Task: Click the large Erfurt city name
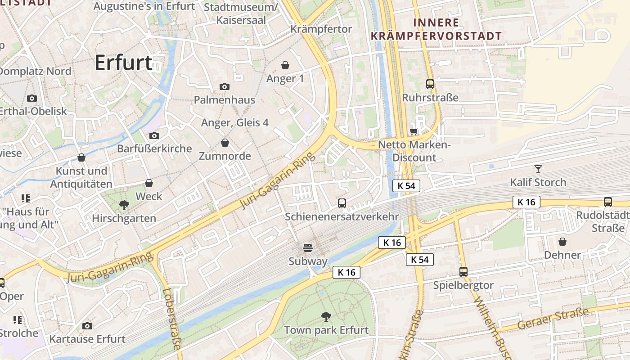[124, 63]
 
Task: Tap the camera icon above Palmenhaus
[224, 86]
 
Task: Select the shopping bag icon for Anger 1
[285, 66]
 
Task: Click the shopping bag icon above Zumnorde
[225, 143]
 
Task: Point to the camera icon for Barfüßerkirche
[154, 135]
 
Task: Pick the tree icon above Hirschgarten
[124, 206]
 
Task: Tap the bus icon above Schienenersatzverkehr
[342, 203]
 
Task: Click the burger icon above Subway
[308, 248]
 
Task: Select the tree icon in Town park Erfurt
[326, 317]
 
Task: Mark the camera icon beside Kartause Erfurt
[87, 326]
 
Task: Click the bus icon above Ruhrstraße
[430, 84]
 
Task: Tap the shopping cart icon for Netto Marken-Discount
[414, 131]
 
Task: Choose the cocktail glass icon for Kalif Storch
[538, 169]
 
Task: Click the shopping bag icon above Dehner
[562, 242]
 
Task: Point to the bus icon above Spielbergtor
[463, 272]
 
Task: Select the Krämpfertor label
[321, 29]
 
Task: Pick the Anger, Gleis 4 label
[235, 122]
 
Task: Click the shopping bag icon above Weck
[149, 183]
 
